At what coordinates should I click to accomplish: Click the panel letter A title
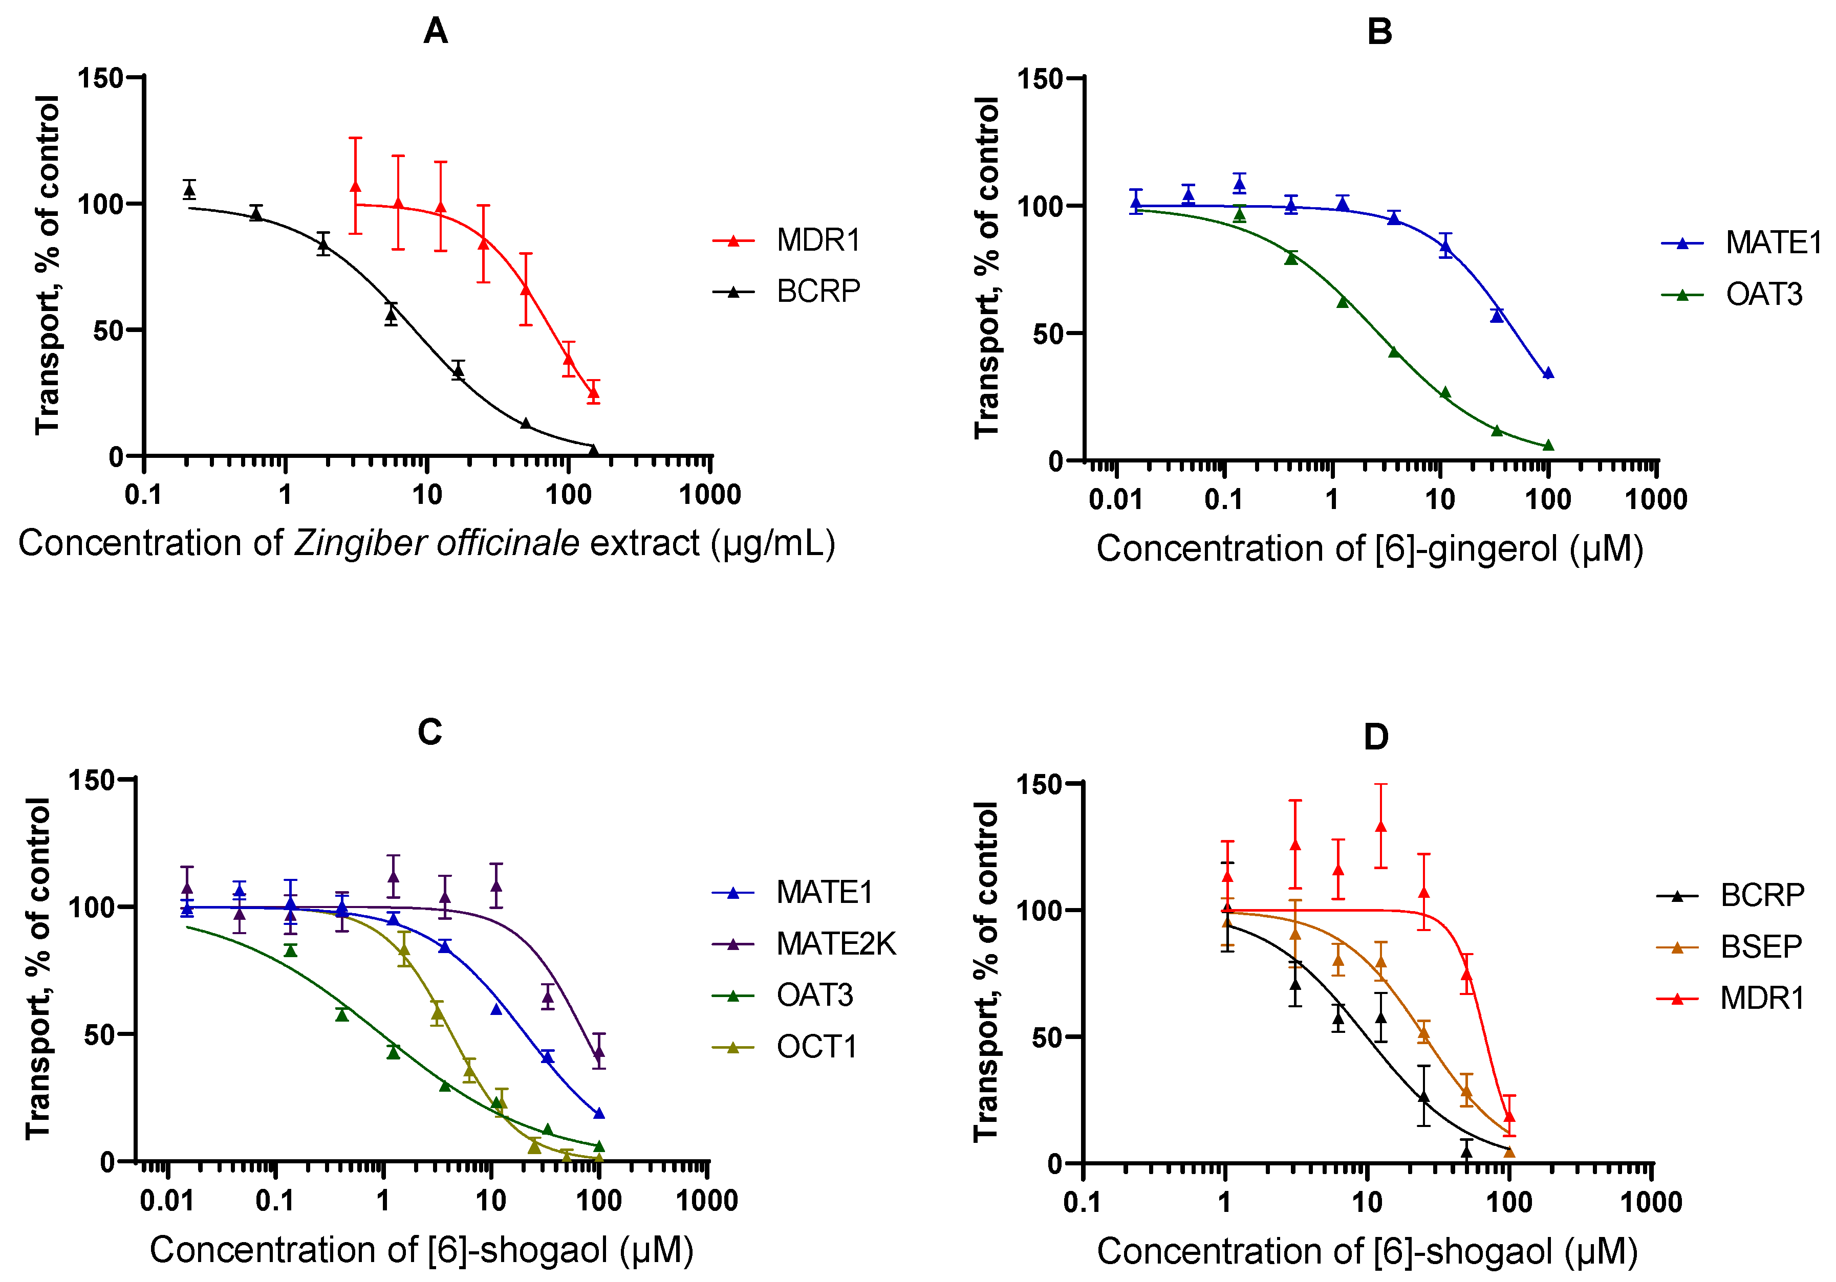point(435,32)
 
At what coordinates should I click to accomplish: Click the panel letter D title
point(1375,737)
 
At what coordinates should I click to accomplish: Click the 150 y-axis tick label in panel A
point(99,78)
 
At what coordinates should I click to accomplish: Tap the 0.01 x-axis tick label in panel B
point(1115,499)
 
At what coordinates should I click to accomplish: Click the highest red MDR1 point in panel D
point(1380,826)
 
